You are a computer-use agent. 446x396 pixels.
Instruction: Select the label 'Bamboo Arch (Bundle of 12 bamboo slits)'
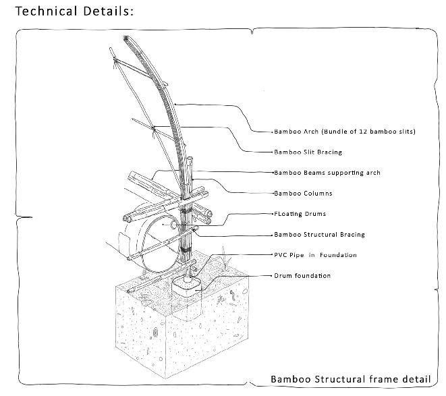(344, 131)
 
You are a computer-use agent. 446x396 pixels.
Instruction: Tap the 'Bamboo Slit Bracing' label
(308, 152)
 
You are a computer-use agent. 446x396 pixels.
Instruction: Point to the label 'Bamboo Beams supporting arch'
(327, 173)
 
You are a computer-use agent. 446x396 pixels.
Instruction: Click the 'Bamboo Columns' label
(303, 194)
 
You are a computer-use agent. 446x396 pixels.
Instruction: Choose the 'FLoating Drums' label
(300, 214)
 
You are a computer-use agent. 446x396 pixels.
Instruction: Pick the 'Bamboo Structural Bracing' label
(319, 235)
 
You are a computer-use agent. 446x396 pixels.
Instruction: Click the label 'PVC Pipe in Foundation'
(315, 255)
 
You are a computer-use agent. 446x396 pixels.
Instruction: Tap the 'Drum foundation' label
(302, 276)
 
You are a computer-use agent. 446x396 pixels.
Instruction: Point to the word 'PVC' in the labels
(281, 255)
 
